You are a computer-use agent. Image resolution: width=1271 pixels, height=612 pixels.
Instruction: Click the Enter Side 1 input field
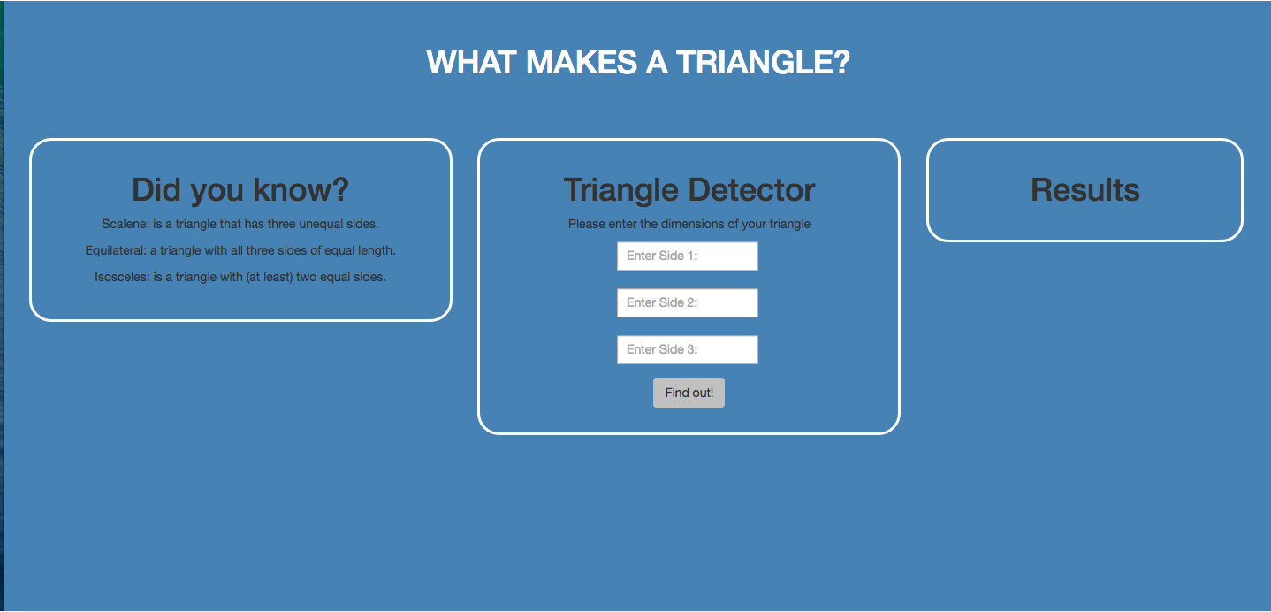pyautogui.click(x=687, y=256)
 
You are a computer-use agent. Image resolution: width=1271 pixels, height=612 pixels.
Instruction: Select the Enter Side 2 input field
pyautogui.click(x=687, y=303)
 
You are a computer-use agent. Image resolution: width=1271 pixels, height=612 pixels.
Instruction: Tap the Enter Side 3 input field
pyautogui.click(x=687, y=349)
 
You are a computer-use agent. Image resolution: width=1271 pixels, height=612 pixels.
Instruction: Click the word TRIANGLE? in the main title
pyautogui.click(x=763, y=62)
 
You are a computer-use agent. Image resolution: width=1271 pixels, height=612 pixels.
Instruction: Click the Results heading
pyautogui.click(x=1085, y=189)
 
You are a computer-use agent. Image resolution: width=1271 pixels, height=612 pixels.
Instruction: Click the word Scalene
pyautogui.click(x=126, y=225)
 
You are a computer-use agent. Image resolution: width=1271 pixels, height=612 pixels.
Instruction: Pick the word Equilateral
pyautogui.click(x=116, y=250)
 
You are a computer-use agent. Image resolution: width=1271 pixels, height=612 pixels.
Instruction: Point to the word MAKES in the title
pyautogui.click(x=582, y=62)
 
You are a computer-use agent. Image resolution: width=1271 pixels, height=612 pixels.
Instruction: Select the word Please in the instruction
pyautogui.click(x=586, y=225)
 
